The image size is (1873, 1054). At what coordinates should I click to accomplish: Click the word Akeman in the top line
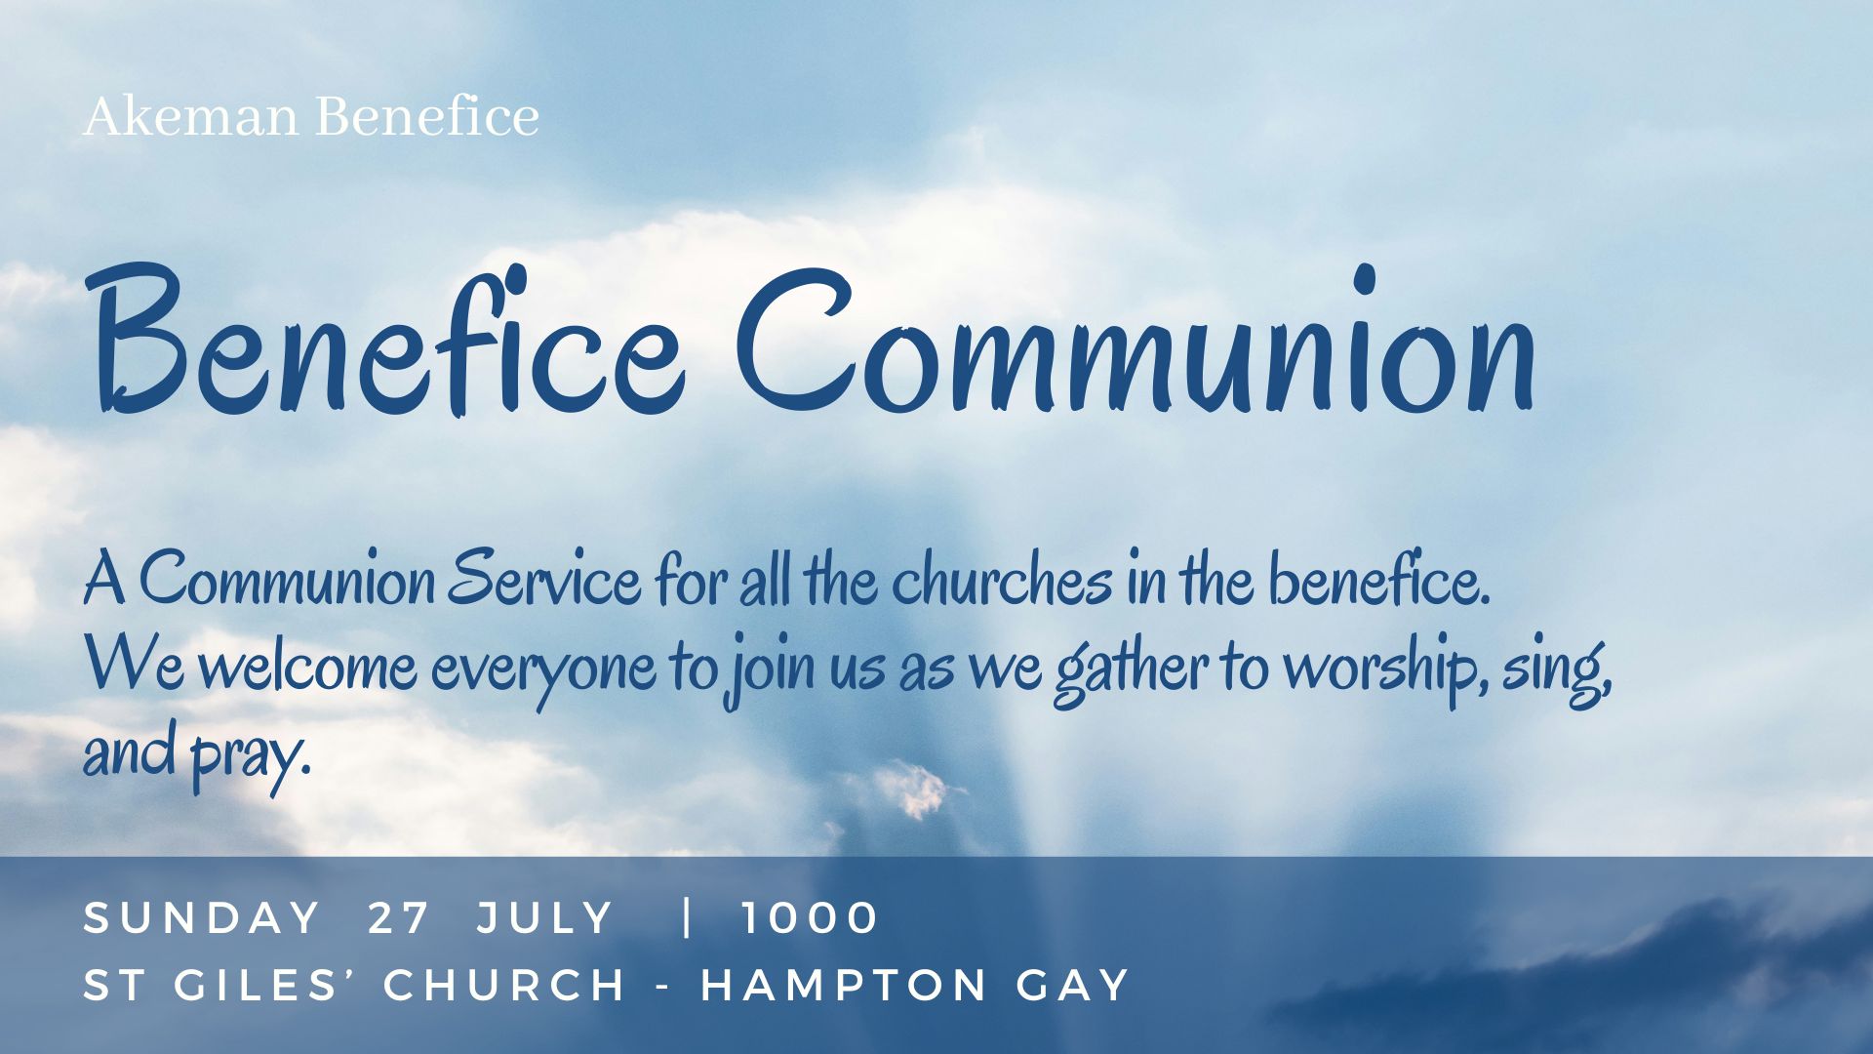191,117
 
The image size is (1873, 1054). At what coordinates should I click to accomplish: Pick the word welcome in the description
314,667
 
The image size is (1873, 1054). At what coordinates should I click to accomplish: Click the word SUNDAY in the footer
202,918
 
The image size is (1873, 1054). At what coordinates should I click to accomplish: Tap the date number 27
399,918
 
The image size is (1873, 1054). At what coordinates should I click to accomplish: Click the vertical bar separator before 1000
689,917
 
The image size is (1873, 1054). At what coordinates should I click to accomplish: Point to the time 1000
810,918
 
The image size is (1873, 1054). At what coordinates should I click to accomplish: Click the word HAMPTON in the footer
845,985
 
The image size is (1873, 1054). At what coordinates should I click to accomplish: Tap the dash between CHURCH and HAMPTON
663,987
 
